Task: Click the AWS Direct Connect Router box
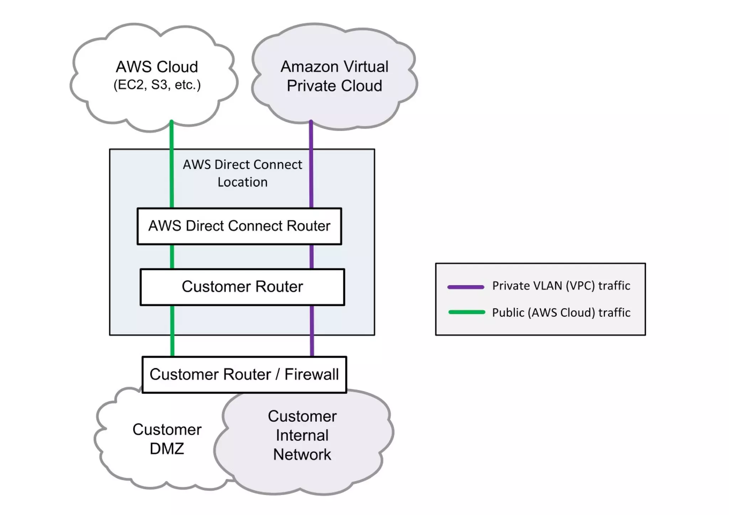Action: pos(239,226)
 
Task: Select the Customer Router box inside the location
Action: pos(242,287)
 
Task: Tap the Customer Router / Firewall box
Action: pos(244,374)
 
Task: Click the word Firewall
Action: pos(311,374)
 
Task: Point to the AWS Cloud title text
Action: pos(157,67)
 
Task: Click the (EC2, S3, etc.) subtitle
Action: pos(157,85)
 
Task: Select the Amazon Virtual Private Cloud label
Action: pos(334,76)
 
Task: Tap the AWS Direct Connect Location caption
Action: pos(242,173)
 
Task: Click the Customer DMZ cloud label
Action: pos(167,439)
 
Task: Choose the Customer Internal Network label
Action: pos(302,435)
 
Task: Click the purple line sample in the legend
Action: pos(466,287)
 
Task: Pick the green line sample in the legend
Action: pos(467,312)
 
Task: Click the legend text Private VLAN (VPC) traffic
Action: pos(561,285)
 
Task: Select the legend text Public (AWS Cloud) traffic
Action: pos(561,312)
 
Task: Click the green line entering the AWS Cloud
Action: pos(172,135)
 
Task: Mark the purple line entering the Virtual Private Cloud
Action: pos(311,135)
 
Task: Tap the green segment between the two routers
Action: pos(172,257)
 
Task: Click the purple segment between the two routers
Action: pos(311,257)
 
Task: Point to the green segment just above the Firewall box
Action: pos(172,345)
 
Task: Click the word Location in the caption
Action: pos(242,182)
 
